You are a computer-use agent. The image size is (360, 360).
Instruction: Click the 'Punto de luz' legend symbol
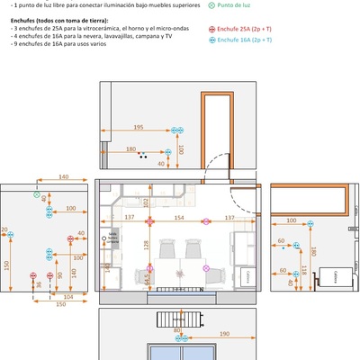point(212,5)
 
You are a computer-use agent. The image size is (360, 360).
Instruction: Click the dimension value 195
point(139,127)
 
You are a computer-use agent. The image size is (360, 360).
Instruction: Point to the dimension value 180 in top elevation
point(130,149)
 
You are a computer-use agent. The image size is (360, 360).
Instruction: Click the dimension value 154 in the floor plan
point(178,217)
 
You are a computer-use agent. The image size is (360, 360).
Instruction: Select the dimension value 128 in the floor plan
point(146,245)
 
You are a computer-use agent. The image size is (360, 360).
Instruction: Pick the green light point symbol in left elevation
point(37,194)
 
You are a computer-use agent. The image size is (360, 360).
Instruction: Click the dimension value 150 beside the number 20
point(5,265)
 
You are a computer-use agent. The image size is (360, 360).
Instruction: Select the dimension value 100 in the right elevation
point(292,220)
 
